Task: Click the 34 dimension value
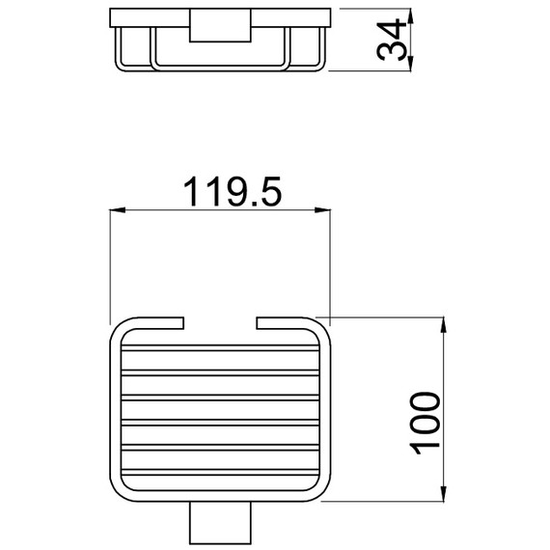point(391,40)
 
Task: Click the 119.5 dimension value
point(233,191)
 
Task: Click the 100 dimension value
point(425,424)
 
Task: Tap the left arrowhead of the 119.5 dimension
point(118,210)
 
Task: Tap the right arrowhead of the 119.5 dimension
point(322,210)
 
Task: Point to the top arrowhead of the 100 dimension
point(443,324)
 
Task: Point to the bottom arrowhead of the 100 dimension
point(443,493)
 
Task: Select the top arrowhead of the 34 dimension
point(411,16)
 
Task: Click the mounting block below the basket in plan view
point(220,523)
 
